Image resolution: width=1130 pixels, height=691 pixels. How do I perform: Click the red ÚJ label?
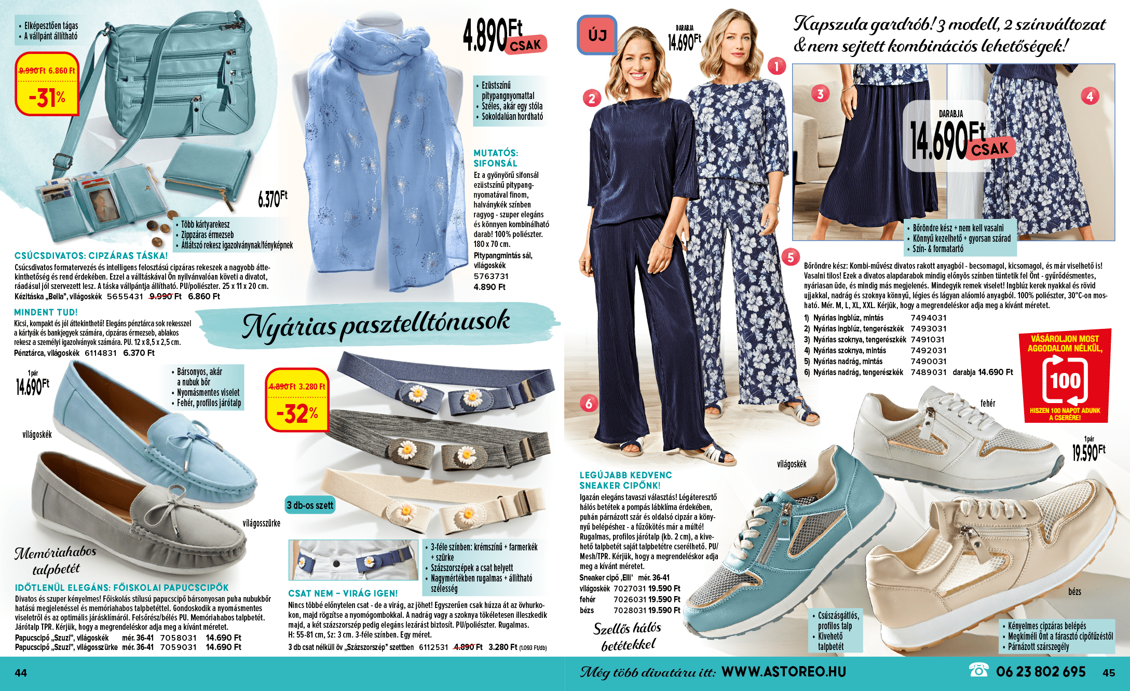pyautogui.click(x=597, y=35)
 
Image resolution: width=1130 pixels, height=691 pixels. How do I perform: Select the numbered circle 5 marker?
pyautogui.click(x=791, y=257)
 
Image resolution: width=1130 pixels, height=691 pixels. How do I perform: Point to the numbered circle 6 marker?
pyautogui.click(x=589, y=404)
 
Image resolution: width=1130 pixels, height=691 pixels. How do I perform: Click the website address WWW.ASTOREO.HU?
pyautogui.click(x=783, y=672)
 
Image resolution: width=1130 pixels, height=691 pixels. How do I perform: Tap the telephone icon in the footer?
pyautogui.click(x=978, y=671)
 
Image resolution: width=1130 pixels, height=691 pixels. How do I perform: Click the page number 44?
pyautogui.click(x=21, y=673)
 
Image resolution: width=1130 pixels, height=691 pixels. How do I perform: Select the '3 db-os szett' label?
pyautogui.click(x=310, y=505)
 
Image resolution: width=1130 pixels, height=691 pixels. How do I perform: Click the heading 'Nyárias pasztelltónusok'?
pyautogui.click(x=376, y=325)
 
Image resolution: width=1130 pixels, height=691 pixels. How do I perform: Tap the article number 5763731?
pyautogui.click(x=491, y=277)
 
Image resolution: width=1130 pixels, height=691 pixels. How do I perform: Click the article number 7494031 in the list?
pyautogui.click(x=928, y=318)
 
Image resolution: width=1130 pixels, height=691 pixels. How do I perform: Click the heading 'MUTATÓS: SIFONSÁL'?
pyautogui.click(x=495, y=158)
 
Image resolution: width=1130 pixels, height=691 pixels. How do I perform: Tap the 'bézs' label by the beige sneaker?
pyautogui.click(x=1074, y=592)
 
